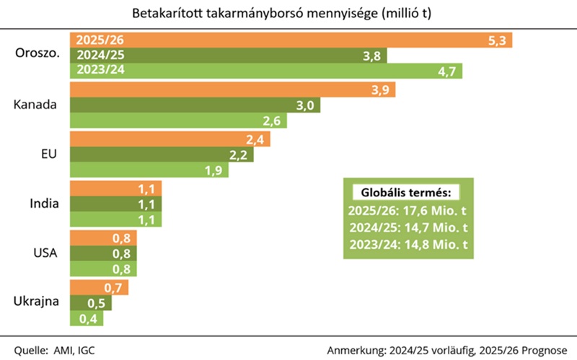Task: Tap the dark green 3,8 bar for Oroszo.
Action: tap(228, 56)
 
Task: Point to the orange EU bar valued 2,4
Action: tap(169, 139)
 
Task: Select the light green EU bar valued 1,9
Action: tap(149, 170)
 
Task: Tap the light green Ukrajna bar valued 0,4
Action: tap(84, 318)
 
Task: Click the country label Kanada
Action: tap(35, 105)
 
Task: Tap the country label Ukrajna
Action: tap(35, 303)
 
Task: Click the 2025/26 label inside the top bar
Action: tap(93, 40)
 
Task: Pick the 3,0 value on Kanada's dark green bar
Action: tap(305, 105)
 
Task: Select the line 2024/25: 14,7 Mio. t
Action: tap(408, 227)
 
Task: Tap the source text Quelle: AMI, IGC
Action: tap(54, 350)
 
